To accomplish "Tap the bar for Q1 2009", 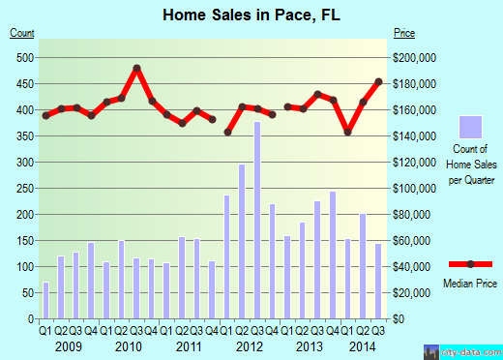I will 45,300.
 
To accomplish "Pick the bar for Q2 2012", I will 243,241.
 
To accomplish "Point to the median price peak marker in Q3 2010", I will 137,68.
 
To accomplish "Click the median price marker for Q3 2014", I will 379,81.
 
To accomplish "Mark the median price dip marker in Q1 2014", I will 348,131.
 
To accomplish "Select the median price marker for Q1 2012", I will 228,132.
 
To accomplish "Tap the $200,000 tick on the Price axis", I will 415,57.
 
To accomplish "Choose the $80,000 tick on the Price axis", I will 413,214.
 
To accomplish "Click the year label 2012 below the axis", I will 250,345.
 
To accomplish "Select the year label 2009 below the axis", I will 68,345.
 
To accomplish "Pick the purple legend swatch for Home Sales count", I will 471,128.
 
